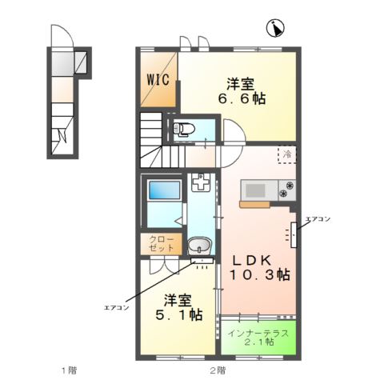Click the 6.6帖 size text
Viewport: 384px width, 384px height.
pos(243,99)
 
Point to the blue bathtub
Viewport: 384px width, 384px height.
pos(162,193)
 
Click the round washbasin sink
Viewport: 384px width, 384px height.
pos(199,246)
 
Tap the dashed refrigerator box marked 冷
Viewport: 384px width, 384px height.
pos(286,154)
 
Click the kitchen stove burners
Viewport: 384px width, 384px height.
pos(286,190)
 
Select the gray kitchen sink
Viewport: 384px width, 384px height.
pos(257,190)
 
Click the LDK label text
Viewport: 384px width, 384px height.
pos(254,259)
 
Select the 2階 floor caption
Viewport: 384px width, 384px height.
pos(218,370)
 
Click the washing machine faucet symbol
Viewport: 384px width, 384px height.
pos(202,186)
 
